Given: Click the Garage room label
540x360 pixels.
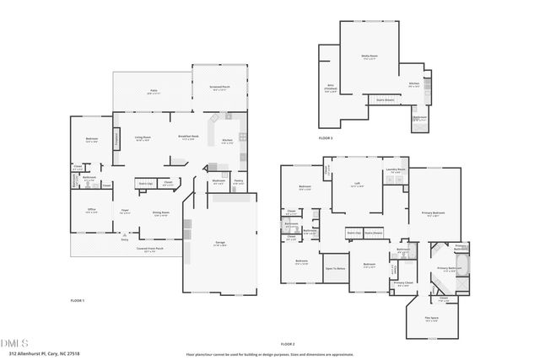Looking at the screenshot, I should coord(219,243).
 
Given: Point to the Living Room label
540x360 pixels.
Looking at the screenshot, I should coord(143,137).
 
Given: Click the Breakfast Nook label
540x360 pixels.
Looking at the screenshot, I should coord(188,137).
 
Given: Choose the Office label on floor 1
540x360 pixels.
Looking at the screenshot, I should coord(91,211).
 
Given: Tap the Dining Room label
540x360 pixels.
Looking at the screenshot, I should coord(161,212).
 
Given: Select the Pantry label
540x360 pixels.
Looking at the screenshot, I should coord(239,180).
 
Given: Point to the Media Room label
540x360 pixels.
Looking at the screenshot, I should coord(369,56).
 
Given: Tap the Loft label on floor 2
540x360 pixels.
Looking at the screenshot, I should coord(358,183).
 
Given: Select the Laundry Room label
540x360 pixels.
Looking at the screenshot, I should coord(396,171).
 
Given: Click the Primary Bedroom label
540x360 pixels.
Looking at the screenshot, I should coord(433,213).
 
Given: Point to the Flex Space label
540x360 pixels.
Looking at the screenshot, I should coord(431,320).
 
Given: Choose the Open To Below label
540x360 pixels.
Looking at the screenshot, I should coord(336,268).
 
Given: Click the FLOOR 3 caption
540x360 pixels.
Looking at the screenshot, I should coord(326,137).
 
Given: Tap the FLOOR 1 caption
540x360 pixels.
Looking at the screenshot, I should coord(78,300).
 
